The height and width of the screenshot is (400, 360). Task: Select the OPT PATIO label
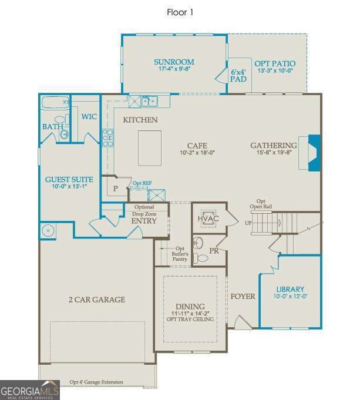pos(274,63)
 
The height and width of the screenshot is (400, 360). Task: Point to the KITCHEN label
pos(140,120)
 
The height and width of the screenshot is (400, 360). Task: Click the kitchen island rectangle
pos(149,147)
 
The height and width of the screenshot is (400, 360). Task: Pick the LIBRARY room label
pos(291,289)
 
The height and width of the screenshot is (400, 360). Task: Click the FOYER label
pos(243,296)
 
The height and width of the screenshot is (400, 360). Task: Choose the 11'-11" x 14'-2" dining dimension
pos(190,313)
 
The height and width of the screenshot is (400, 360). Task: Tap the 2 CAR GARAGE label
pos(96,300)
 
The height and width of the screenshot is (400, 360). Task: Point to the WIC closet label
pos(89,116)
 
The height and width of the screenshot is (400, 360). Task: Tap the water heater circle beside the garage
pos(48,230)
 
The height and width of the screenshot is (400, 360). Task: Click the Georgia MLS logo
pos(30,390)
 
